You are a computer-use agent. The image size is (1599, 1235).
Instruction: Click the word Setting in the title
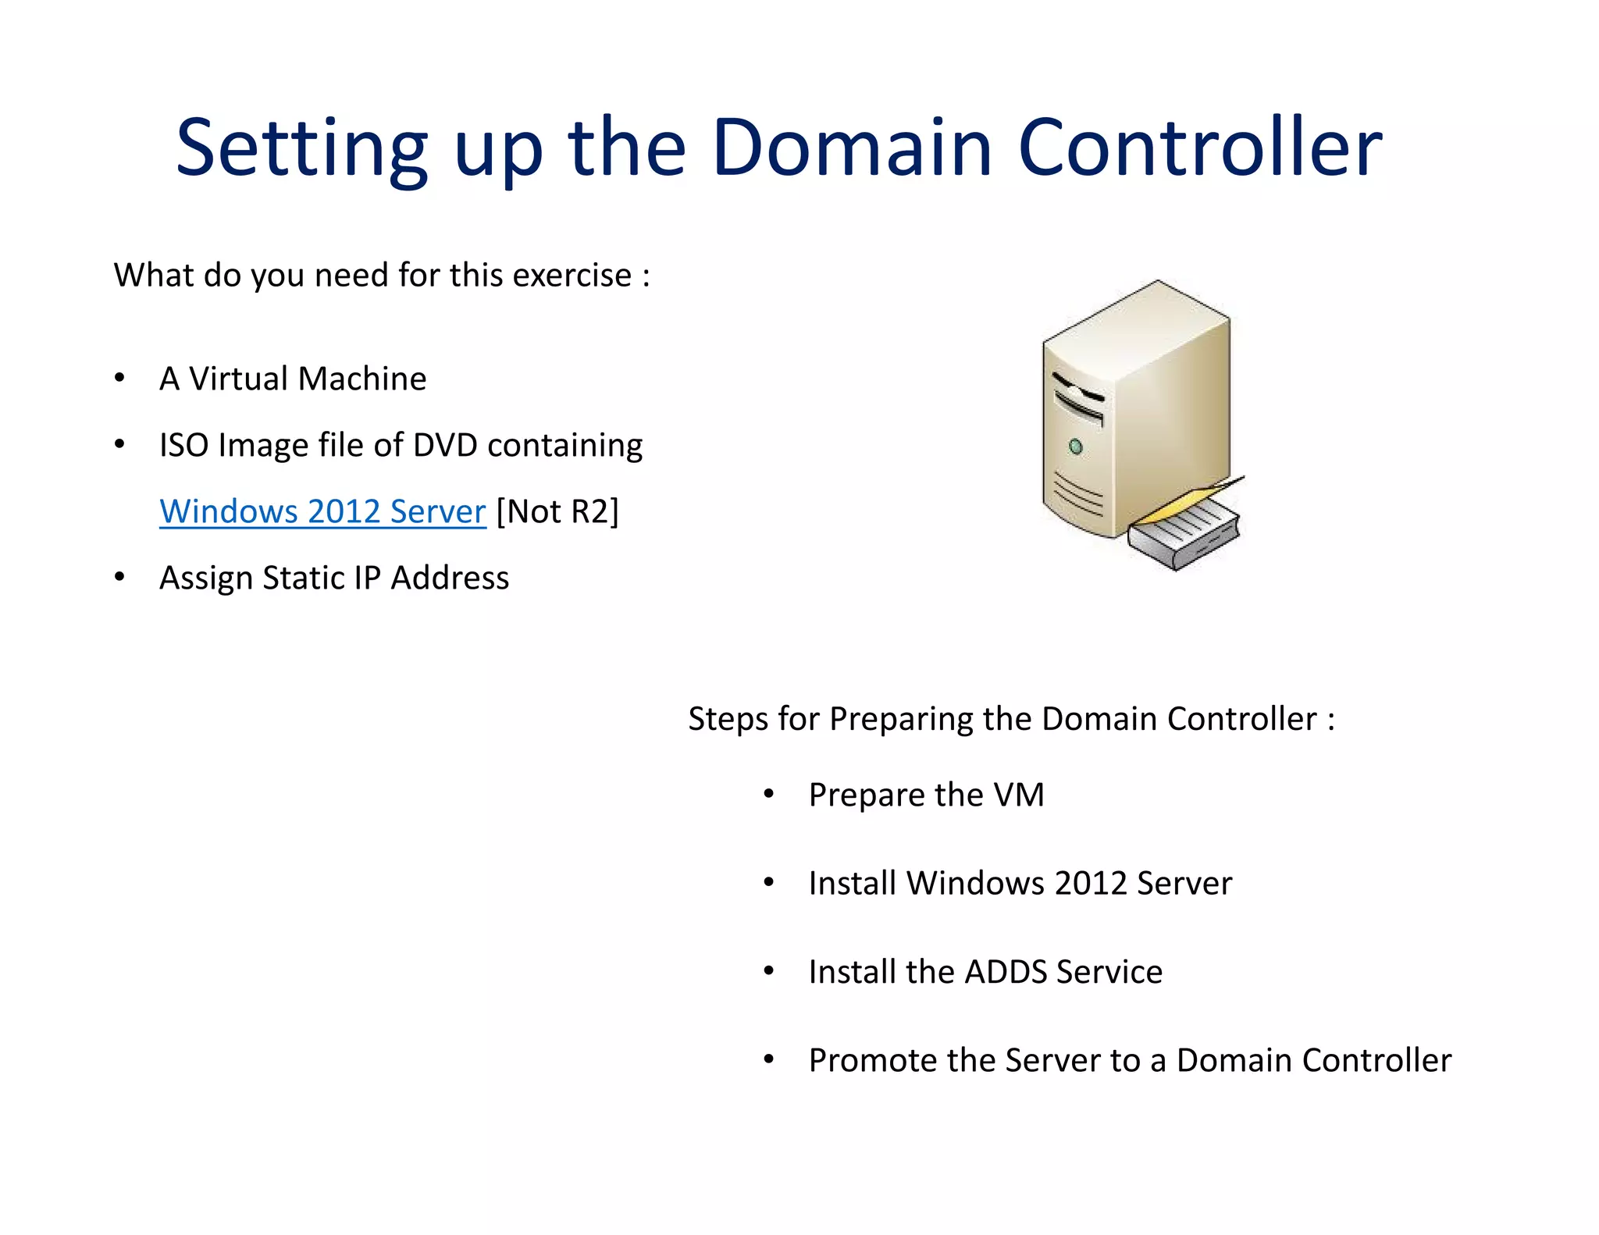pos(301,148)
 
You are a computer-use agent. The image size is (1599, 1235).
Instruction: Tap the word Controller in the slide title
pos(1200,148)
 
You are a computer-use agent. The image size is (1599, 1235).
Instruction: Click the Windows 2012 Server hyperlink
pos(322,511)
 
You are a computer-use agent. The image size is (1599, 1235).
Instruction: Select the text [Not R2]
pos(557,511)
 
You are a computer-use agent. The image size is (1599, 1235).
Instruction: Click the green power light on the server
pos(1075,447)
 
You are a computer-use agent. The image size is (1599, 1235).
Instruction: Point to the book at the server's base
pos(1184,533)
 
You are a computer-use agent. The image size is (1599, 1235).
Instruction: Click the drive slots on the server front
pos(1078,398)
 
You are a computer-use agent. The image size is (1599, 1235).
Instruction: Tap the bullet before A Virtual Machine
pos(119,379)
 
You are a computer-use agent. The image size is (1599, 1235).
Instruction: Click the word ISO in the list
pos(183,445)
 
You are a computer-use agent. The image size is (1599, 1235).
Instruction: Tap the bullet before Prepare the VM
pos(769,795)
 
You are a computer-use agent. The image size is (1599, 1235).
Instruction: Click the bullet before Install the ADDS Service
pos(769,972)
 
